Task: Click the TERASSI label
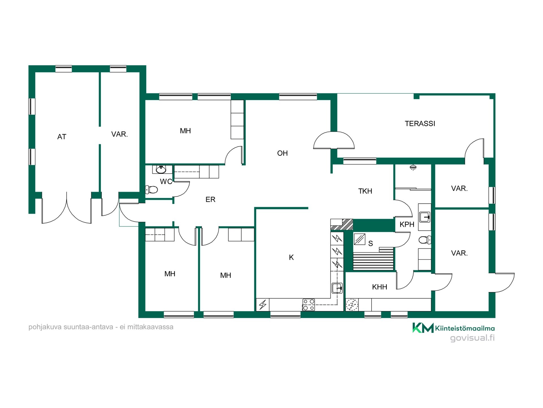coord(420,124)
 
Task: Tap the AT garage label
coord(62,137)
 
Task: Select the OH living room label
coord(282,153)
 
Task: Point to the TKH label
coord(365,191)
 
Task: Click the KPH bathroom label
coord(407,224)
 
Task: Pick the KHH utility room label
coord(380,287)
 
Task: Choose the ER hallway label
coord(210,199)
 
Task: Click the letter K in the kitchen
coord(291,257)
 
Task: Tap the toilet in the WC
coord(151,189)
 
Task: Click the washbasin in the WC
coord(161,169)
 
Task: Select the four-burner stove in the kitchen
coord(309,305)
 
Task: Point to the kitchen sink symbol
coord(337,288)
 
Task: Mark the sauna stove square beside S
coord(359,239)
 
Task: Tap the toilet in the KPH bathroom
coord(425,240)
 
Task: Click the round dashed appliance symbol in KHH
coord(352,305)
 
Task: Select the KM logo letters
coord(423,328)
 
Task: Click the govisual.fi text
coord(472,338)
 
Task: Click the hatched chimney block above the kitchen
coord(342,224)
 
